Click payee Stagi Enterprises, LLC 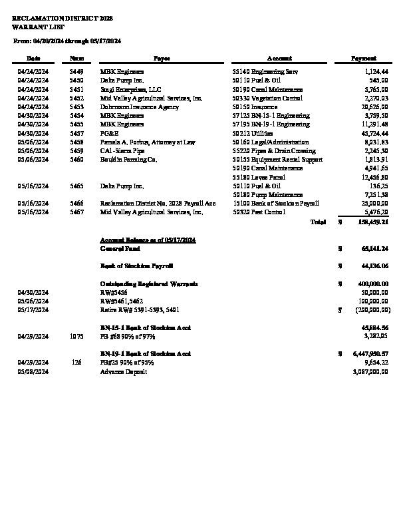pyautogui.click(x=131, y=88)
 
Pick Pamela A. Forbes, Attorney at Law pyautogui.click(x=148, y=142)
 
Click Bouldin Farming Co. pyautogui.click(x=128, y=160)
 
